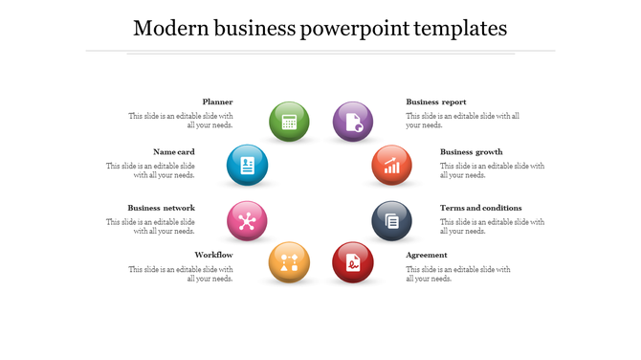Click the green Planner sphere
pyautogui.click(x=289, y=122)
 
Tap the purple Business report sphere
pyautogui.click(x=352, y=122)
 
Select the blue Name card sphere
pyautogui.click(x=247, y=165)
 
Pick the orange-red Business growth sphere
pyautogui.click(x=391, y=165)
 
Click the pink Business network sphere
pyautogui.click(x=247, y=220)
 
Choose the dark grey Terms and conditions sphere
pyautogui.click(x=391, y=220)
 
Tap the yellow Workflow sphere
pyautogui.click(x=289, y=262)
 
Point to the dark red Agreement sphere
pyautogui.click(x=352, y=262)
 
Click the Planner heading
pyautogui.click(x=217, y=101)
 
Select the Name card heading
pyautogui.click(x=174, y=151)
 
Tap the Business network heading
pyautogui.click(x=162, y=208)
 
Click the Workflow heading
pyautogui.click(x=213, y=255)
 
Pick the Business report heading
pyautogui.click(x=436, y=101)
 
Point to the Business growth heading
pyautogui.click(x=471, y=151)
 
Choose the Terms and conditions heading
pyautogui.click(x=480, y=208)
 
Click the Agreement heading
pyautogui.click(x=427, y=255)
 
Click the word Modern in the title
pyautogui.click(x=168, y=28)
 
